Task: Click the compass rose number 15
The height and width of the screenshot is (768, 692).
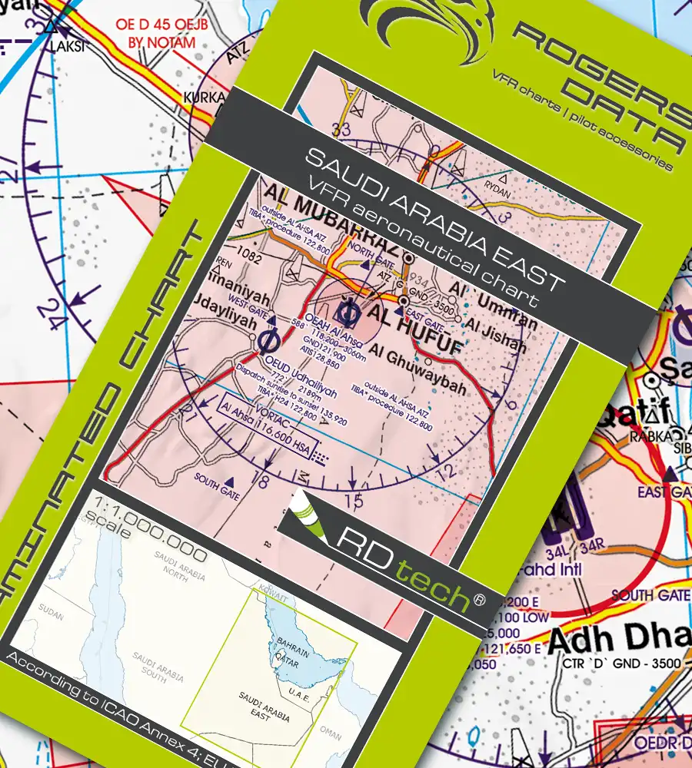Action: pos(353,502)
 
